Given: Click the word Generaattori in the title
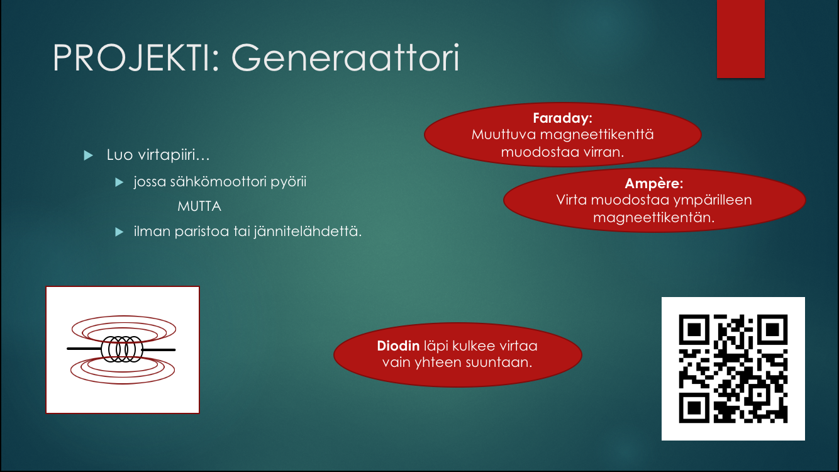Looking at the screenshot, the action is [345, 58].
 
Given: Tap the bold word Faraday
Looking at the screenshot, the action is [562, 118].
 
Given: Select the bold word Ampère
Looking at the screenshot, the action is [653, 183].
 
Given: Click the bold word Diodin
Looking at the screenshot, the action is [398, 346].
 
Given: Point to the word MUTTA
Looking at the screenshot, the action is [199, 206].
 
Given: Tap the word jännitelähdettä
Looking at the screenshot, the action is [308, 232].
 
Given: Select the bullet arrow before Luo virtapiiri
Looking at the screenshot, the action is [89, 155].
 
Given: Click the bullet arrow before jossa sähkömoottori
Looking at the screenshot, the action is [119, 183].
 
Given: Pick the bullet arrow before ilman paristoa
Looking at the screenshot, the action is [119, 232].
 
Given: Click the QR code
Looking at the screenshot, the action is [733, 369].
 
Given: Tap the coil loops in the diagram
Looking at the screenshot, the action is [122, 349].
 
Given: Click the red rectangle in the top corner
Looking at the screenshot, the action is [740, 39].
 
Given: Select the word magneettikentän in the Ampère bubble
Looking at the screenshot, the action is [653, 218].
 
